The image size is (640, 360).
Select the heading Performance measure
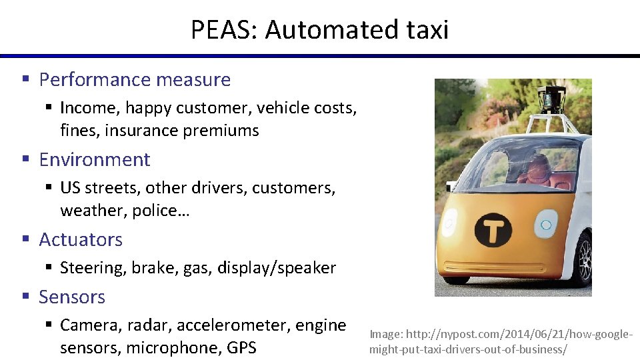[x=135, y=79]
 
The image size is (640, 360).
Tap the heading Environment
[x=95, y=159]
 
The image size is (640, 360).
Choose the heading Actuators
[x=81, y=239]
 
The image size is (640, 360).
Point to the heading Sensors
[x=72, y=297]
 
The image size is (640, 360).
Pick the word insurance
[x=139, y=130]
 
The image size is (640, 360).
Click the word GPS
[x=241, y=348]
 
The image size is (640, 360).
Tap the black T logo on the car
[x=493, y=231]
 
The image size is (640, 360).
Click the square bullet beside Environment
[x=25, y=160]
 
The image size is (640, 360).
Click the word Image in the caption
[x=383, y=335]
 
